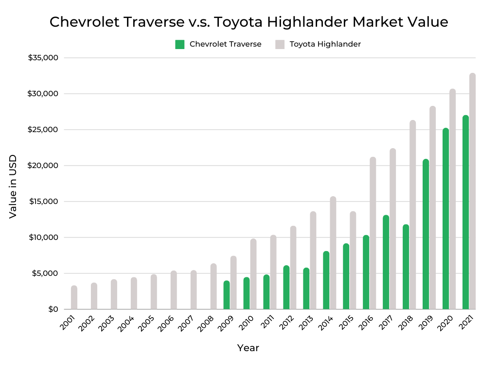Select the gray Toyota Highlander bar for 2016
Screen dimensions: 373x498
click(x=373, y=233)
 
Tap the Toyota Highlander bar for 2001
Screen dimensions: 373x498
click(x=74, y=297)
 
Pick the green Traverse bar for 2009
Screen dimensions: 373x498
click(x=226, y=295)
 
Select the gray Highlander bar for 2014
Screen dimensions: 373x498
click(x=333, y=253)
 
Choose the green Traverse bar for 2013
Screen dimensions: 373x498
click(x=306, y=288)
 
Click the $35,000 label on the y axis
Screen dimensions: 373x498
click(x=43, y=58)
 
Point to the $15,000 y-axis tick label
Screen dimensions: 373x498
click(x=43, y=202)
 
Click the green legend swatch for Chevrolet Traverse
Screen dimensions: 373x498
click(x=180, y=45)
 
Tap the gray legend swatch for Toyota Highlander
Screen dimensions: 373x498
click(x=280, y=45)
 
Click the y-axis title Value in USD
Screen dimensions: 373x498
click(x=13, y=186)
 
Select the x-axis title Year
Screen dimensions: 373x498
click(x=248, y=348)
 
